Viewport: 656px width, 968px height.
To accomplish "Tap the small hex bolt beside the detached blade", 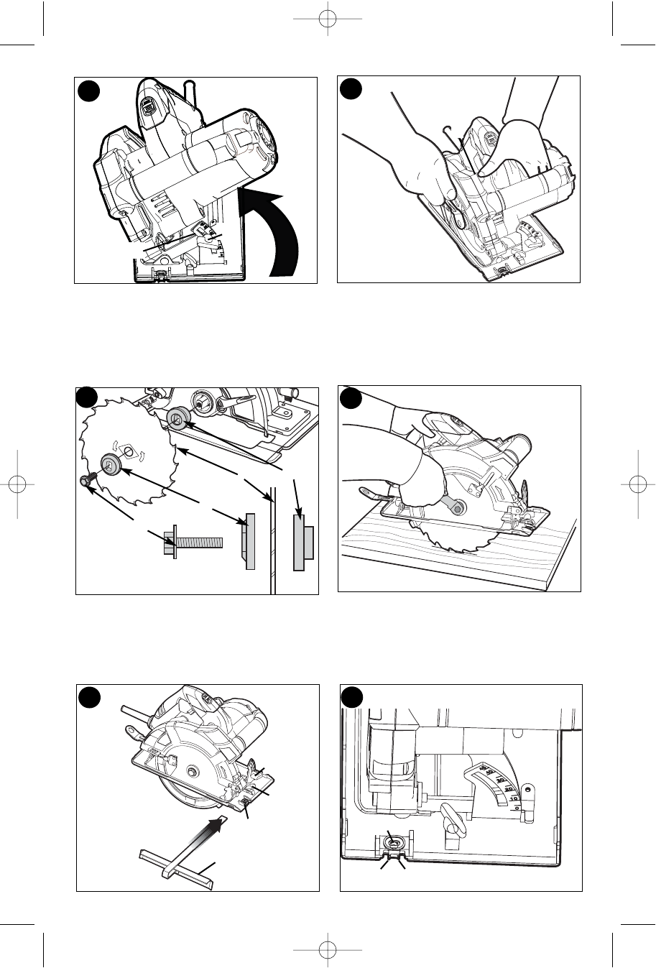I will pos(87,482).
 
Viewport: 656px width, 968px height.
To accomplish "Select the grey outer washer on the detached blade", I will pos(110,463).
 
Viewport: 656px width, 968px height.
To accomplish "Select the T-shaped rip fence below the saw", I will pos(175,862).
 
